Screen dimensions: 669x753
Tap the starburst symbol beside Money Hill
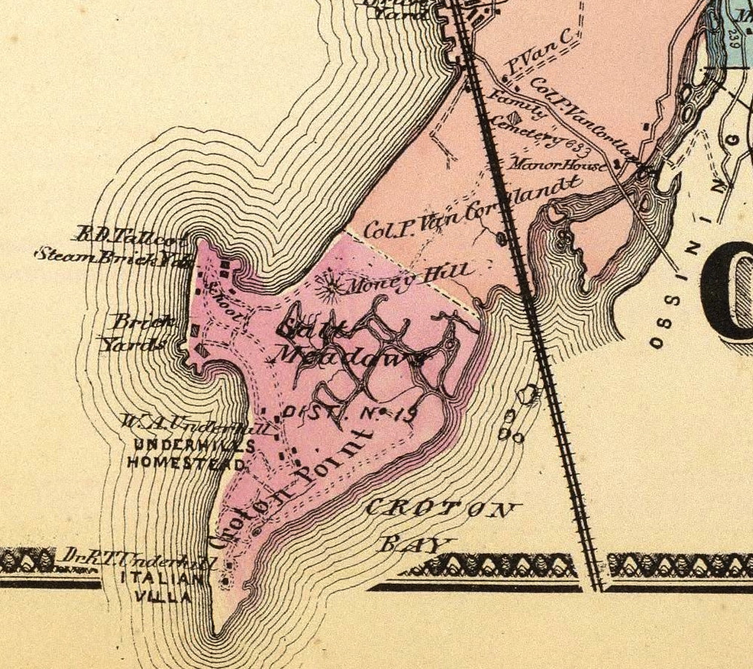pyautogui.click(x=331, y=286)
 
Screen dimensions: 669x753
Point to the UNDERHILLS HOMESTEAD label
pyautogui.click(x=186, y=454)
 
